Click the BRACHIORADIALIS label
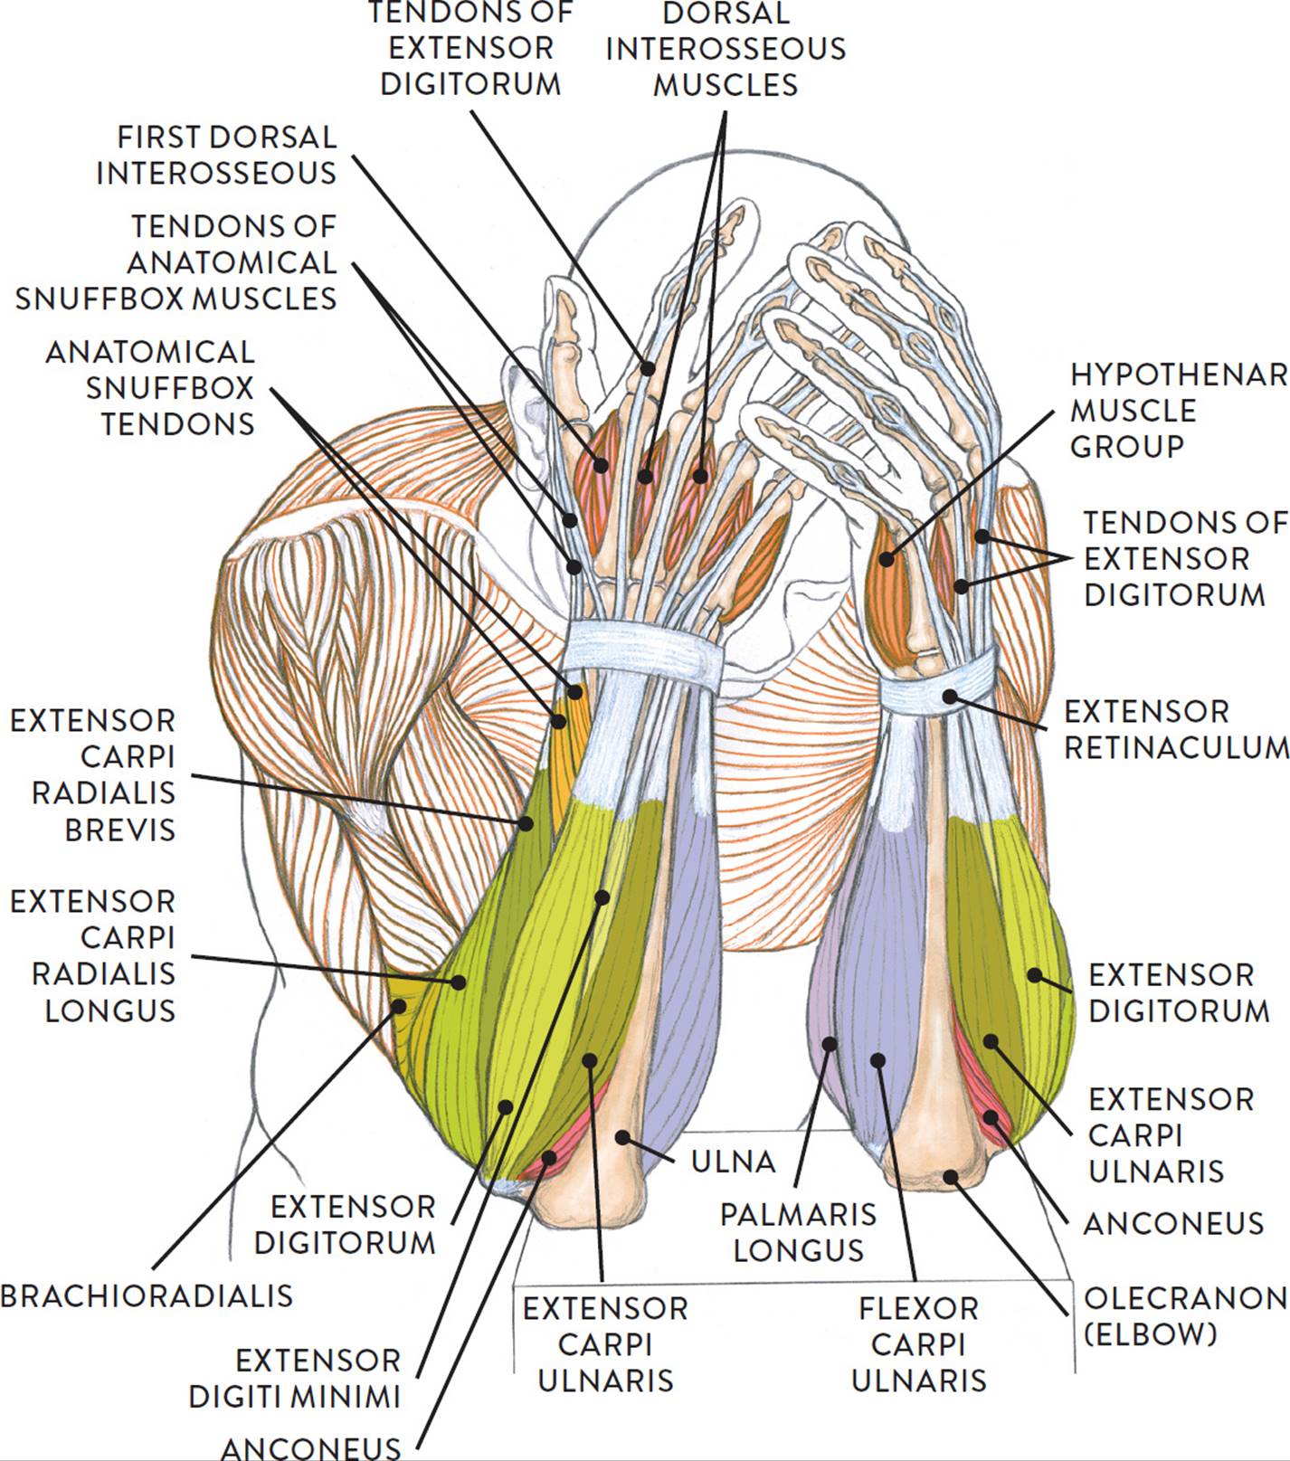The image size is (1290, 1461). pyautogui.click(x=147, y=1295)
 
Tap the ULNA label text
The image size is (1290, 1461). pyautogui.click(x=733, y=1162)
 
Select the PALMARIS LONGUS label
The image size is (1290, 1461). pyautogui.click(x=799, y=1232)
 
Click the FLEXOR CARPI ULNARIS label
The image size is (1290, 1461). pyautogui.click(x=919, y=1344)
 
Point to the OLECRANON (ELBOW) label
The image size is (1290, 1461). pyautogui.click(x=1185, y=1316)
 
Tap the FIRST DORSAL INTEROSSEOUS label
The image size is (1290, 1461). pyautogui.click(x=216, y=155)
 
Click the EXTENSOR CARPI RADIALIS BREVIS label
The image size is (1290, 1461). pyautogui.click(x=92, y=775)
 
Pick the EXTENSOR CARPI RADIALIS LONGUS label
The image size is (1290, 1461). pyautogui.click(x=92, y=955)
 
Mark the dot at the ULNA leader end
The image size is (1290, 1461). pyautogui.click(x=621, y=1135)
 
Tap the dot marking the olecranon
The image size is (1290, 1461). pyautogui.click(x=951, y=1176)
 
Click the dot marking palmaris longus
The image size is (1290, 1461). pyautogui.click(x=829, y=1044)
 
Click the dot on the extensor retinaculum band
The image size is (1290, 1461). pyautogui.click(x=949, y=695)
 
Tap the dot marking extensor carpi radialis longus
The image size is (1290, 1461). pyautogui.click(x=460, y=981)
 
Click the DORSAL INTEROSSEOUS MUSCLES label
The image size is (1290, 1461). pyautogui.click(x=726, y=49)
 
